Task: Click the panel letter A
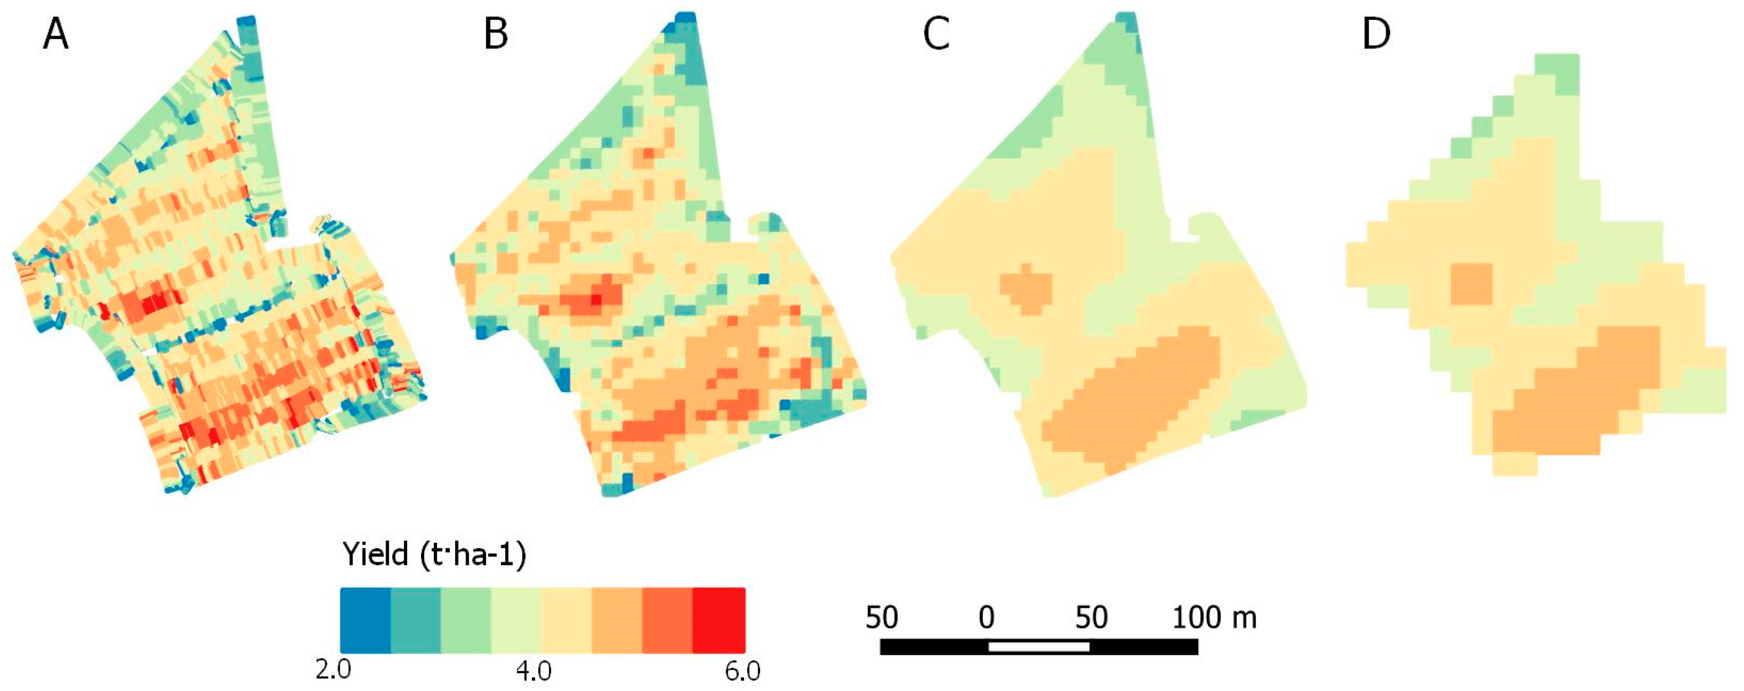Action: click(56, 34)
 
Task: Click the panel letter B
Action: click(495, 34)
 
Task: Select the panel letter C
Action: click(936, 34)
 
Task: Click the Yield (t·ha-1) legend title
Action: click(434, 555)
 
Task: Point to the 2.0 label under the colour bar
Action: click(333, 671)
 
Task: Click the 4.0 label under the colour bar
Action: click(533, 671)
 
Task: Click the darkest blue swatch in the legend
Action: click(366, 620)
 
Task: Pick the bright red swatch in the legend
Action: click(719, 620)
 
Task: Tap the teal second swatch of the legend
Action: click(416, 620)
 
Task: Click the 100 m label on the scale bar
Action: click(1214, 617)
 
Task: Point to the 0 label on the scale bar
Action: click(987, 617)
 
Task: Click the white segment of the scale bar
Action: click(1039, 647)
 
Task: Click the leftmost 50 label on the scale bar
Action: click(882, 617)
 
